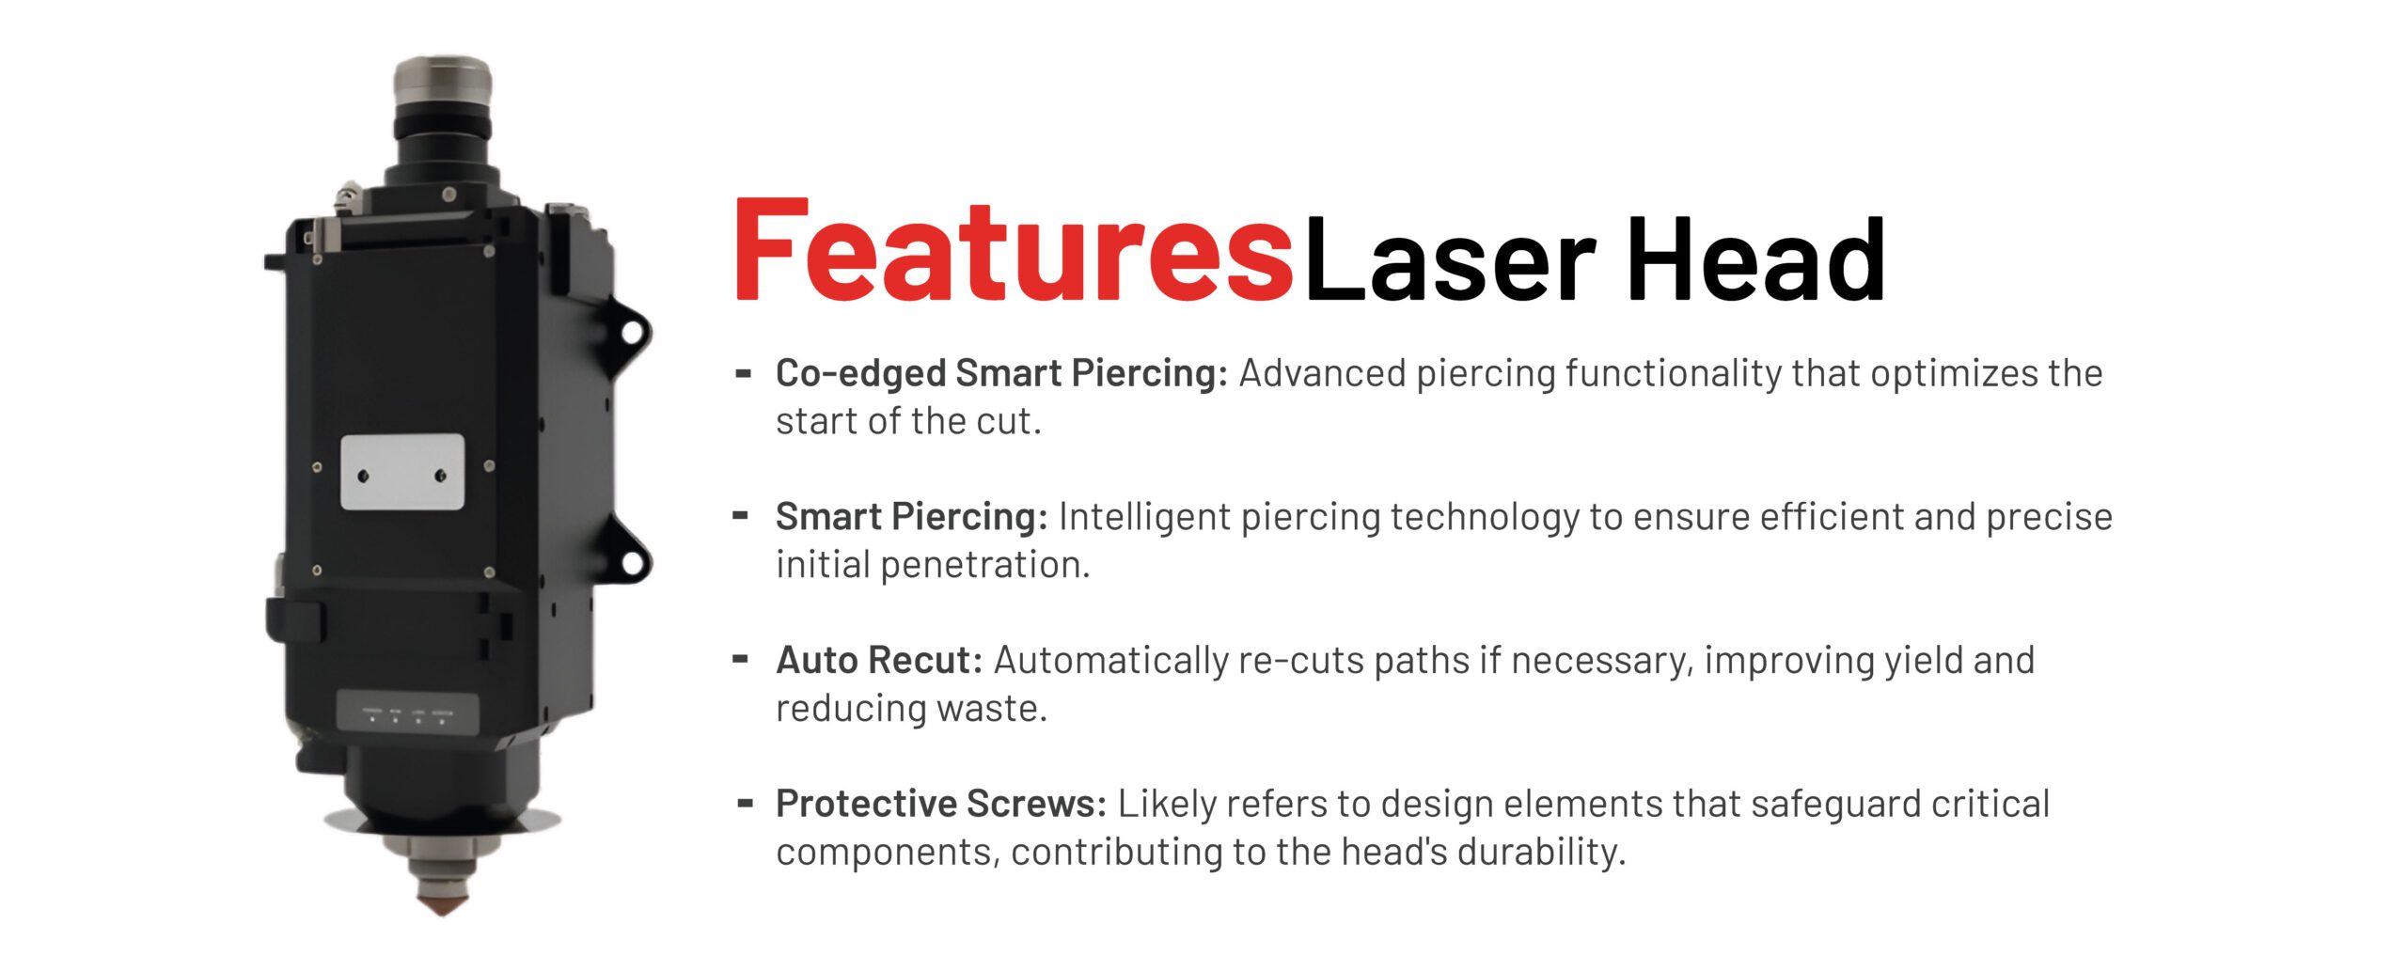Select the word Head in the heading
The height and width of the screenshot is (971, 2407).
[x=1754, y=258]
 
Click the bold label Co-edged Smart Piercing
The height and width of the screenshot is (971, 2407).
[x=1001, y=374]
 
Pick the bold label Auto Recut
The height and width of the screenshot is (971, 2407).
[x=879, y=660]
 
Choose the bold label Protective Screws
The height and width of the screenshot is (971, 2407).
[x=941, y=804]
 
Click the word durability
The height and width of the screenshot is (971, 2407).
[x=1541, y=852]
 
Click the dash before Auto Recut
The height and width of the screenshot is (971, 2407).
[x=741, y=659]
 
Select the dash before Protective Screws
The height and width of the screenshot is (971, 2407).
[x=746, y=803]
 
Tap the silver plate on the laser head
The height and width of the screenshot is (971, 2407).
[x=402, y=472]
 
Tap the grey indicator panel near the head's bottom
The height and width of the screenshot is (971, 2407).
[x=407, y=713]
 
